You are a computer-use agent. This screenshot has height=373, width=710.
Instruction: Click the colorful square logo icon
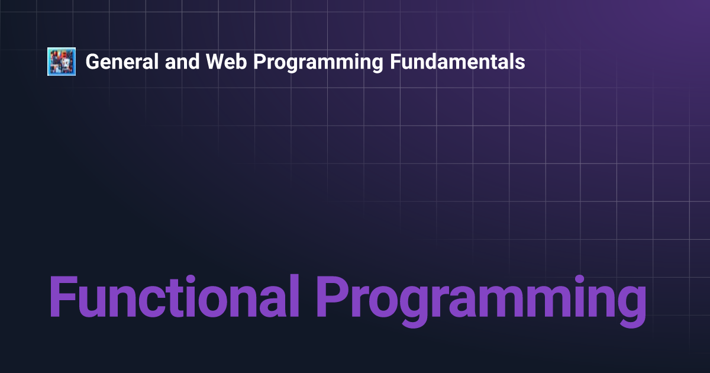coord(62,62)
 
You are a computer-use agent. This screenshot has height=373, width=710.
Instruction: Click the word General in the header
coord(122,62)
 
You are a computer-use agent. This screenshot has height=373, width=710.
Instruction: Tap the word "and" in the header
coord(182,62)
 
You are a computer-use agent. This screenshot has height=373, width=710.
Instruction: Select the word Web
coord(226,62)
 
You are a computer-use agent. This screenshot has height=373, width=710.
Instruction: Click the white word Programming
coord(318,63)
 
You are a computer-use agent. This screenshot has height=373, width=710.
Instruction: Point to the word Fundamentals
coord(457,62)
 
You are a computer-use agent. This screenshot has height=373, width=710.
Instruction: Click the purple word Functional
coord(175,296)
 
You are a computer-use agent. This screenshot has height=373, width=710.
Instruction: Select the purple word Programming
coord(482,301)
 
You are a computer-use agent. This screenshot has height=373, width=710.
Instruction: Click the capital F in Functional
coord(63,296)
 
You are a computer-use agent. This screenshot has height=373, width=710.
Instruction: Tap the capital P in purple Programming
coord(332,296)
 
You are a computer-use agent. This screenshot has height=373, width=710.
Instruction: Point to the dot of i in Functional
coord(190,279)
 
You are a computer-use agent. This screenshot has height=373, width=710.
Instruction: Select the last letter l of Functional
coord(295,295)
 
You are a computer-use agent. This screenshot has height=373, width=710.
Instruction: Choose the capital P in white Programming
coord(260,62)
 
